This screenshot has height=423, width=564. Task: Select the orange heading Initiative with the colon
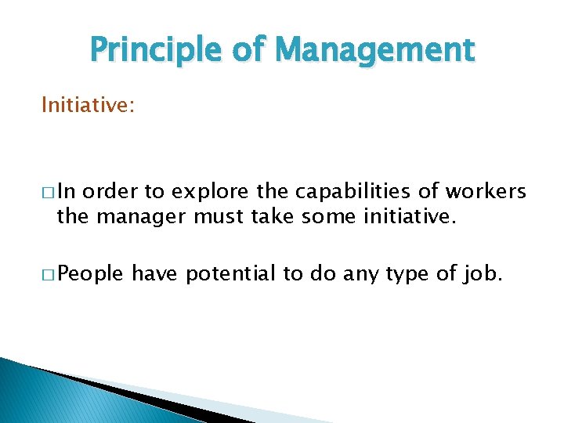pos(88,104)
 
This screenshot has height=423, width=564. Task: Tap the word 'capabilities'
pos(316,192)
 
